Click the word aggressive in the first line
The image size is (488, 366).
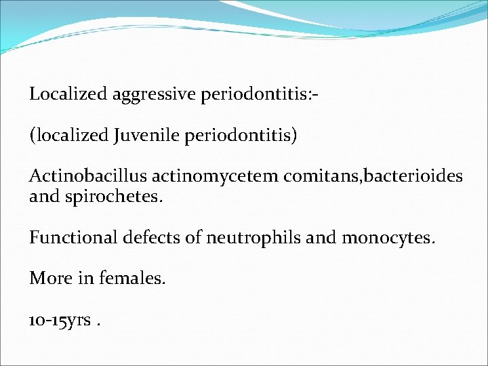(153, 94)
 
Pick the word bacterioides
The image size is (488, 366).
(415, 176)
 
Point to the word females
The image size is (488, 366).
(131, 279)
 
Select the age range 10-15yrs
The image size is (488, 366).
(60, 320)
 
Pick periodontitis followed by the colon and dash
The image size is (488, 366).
(256, 94)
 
